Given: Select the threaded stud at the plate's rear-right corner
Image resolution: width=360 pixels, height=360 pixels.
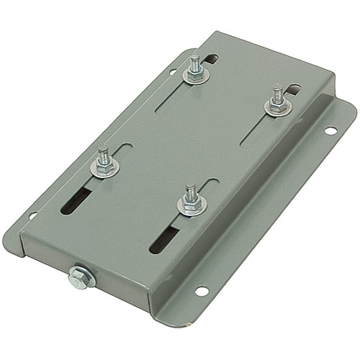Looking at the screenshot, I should (x=276, y=94).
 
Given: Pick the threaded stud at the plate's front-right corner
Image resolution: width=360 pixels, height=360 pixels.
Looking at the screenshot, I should (x=190, y=194).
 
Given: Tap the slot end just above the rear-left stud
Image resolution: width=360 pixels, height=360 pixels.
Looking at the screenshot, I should (x=208, y=55).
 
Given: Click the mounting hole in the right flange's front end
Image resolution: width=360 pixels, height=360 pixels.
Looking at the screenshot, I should (x=202, y=291).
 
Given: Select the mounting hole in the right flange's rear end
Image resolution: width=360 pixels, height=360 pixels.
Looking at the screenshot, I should (x=330, y=131).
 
